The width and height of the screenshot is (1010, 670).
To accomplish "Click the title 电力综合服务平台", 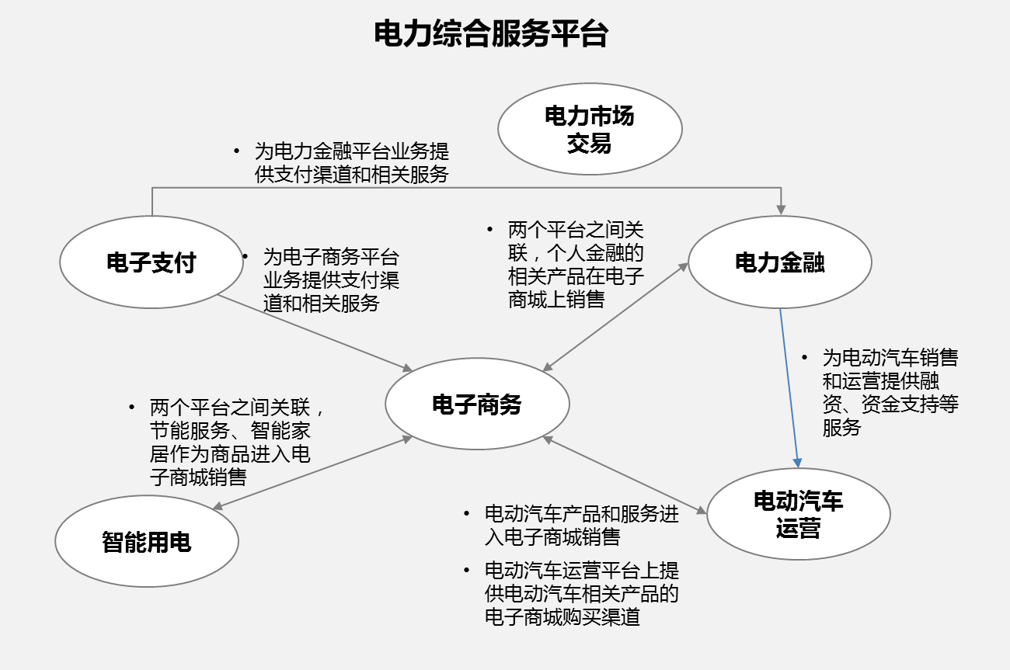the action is pyautogui.click(x=491, y=34).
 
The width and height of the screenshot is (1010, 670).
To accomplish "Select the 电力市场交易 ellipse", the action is pyautogui.click(x=590, y=129).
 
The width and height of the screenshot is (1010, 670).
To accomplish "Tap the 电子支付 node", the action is pyautogui.click(x=151, y=262).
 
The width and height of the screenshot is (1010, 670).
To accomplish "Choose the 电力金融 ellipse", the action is pyautogui.click(x=779, y=262).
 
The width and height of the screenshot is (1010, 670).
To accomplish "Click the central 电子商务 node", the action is pyautogui.click(x=477, y=404).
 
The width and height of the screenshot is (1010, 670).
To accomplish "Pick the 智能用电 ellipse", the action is pyautogui.click(x=147, y=541).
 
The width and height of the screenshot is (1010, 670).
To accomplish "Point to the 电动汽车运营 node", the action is pyautogui.click(x=799, y=514).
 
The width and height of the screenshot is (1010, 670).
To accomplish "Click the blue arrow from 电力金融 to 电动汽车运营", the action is pyautogui.click(x=789, y=388).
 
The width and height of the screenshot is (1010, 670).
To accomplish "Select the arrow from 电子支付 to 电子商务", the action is pyautogui.click(x=315, y=333).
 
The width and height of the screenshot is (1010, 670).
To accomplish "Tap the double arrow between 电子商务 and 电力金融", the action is pyautogui.click(x=615, y=317).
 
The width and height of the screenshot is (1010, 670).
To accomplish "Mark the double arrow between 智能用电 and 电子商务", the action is pyautogui.click(x=312, y=473).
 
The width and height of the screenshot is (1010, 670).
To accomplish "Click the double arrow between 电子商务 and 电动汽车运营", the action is pyautogui.click(x=625, y=475).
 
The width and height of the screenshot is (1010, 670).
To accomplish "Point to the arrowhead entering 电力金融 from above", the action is pyautogui.click(x=781, y=210).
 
